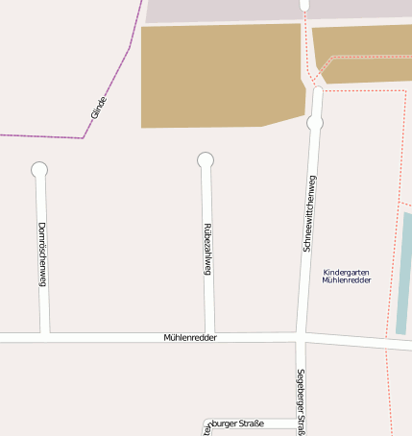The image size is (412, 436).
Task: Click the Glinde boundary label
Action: [x=98, y=107]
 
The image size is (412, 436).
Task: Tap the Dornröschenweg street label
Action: [x=42, y=254]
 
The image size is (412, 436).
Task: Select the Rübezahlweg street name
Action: [x=207, y=250]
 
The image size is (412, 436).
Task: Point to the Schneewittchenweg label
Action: [x=309, y=213]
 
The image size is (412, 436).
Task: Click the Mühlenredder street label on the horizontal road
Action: [x=190, y=338]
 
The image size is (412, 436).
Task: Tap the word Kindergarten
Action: [x=347, y=272]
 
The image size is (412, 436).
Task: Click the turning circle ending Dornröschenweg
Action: [x=39, y=170]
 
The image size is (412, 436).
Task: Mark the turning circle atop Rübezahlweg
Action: [x=206, y=160]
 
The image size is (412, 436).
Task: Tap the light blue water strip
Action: [x=403, y=274]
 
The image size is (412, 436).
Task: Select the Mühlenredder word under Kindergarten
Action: [x=347, y=280]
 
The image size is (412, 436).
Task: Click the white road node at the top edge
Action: [x=304, y=5]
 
